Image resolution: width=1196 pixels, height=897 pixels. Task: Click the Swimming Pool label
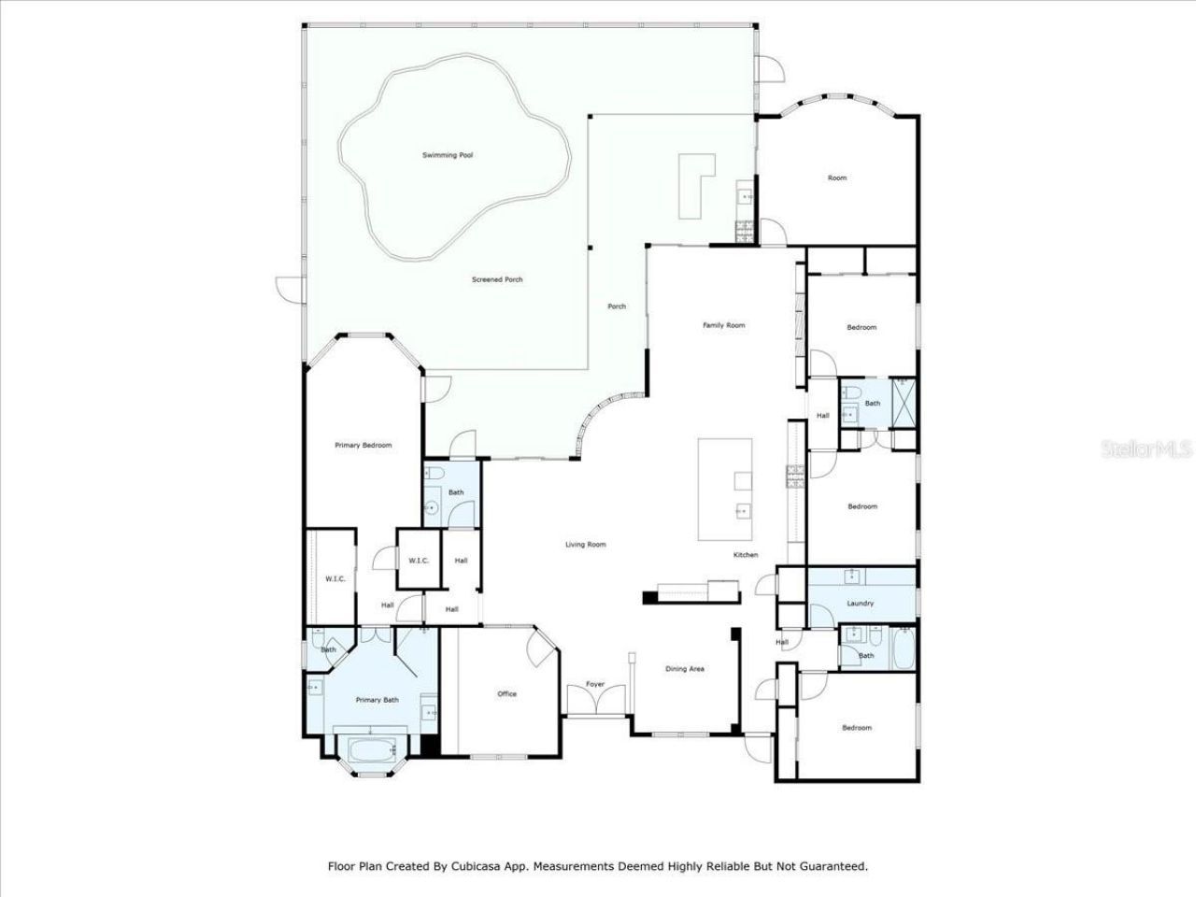coord(448,155)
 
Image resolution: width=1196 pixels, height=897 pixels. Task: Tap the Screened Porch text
coord(497,279)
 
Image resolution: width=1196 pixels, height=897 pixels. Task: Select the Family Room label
coord(724,325)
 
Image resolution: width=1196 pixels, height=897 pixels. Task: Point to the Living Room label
coord(586,544)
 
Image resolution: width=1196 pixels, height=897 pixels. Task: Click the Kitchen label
coord(746,555)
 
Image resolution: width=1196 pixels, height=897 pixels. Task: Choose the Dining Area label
coord(685,669)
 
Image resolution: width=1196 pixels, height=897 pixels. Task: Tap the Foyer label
coord(595,684)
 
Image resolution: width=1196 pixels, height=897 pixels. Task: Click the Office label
coord(507,693)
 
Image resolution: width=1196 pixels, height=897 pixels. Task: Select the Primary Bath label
coord(377,700)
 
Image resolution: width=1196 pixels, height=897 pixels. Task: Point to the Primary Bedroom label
coord(363,446)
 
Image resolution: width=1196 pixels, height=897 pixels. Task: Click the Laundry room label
coord(861,604)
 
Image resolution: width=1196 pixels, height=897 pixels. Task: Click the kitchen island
coord(725,489)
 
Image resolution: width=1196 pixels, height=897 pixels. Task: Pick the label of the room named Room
coord(837,178)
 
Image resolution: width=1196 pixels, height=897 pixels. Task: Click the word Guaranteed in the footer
coord(833,866)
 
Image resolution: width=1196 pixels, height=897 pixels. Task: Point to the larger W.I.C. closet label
coord(335,579)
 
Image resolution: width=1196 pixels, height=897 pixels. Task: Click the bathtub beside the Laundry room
coord(903,649)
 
